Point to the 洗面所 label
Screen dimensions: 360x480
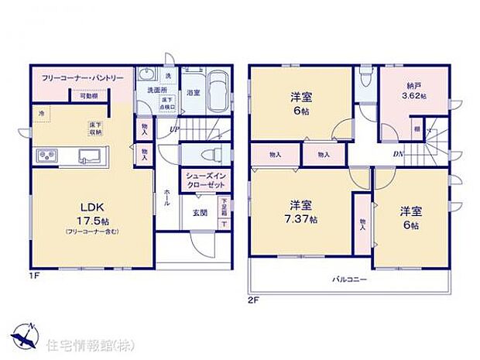point(149,90)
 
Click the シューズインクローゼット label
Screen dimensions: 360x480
point(204,180)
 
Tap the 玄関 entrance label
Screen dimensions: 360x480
point(200,212)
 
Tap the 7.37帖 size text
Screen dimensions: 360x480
point(300,220)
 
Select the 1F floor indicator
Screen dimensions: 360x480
point(36,275)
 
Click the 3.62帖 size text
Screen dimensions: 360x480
point(415,97)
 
